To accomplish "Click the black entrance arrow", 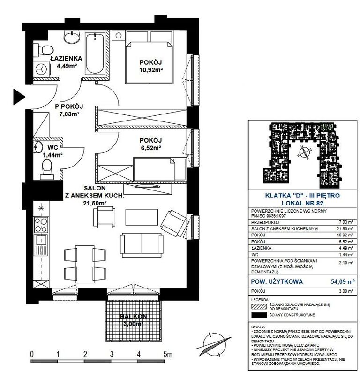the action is pos(18,97).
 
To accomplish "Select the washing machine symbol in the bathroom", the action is pos(42,69).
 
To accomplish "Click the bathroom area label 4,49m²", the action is pos(66,66).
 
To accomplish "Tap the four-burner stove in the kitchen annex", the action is pos(41,225).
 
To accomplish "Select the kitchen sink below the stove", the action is pos(41,245).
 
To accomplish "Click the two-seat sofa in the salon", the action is pos(142,245).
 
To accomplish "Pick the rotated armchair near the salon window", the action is pos(174,223).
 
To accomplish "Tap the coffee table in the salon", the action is pos(142,217).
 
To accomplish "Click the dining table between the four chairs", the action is pos(85,264).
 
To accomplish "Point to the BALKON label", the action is pos(134,316).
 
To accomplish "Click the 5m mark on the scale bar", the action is pos(167,354).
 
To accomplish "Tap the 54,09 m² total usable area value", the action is pos(343,281).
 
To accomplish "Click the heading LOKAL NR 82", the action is pos(302,203).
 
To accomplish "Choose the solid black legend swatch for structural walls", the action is pos(259,315).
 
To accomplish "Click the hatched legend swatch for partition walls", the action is pos(259,306).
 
